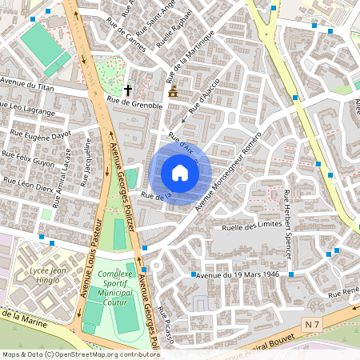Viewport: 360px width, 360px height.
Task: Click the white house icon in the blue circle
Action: [179, 173]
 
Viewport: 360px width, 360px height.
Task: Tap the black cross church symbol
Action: [128, 90]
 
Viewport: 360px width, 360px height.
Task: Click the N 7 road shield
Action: [314, 322]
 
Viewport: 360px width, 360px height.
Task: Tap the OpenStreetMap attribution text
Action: [80, 354]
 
